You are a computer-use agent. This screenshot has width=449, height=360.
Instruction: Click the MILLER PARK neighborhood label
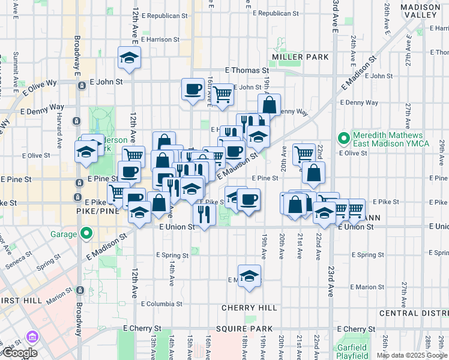[x=300, y=57]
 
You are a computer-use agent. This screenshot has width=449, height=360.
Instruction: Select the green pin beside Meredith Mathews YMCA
[x=343, y=139]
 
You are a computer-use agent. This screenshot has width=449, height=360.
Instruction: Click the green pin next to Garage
[x=86, y=233]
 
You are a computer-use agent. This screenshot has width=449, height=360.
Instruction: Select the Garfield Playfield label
[x=352, y=352]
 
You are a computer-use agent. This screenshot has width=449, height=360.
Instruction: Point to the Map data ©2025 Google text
[x=412, y=355]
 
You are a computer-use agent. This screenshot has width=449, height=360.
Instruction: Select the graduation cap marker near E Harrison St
[x=128, y=58]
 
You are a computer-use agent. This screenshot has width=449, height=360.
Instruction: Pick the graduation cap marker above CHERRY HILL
[x=249, y=276]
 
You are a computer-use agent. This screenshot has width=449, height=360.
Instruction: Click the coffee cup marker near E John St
[x=193, y=89]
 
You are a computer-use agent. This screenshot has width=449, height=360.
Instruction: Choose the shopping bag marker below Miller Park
[x=270, y=104]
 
